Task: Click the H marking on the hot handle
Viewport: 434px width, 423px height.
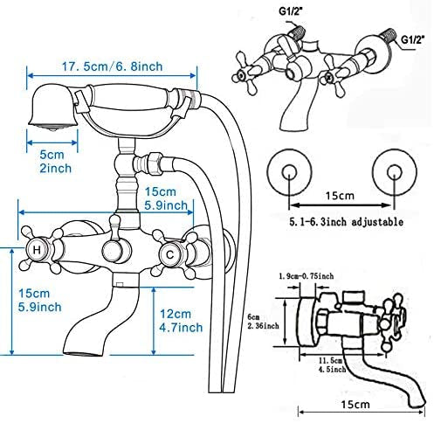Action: click(x=37, y=250)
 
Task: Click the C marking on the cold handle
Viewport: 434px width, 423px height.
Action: click(x=169, y=255)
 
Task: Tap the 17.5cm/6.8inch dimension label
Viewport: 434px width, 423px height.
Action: click(x=112, y=66)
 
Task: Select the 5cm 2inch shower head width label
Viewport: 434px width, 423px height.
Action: click(x=55, y=162)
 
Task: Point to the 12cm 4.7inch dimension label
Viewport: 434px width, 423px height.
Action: click(x=181, y=321)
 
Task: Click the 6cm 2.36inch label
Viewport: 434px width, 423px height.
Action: click(x=263, y=322)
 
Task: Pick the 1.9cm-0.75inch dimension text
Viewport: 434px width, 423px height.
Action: click(x=307, y=276)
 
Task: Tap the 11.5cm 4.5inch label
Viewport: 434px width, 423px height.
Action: click(x=332, y=365)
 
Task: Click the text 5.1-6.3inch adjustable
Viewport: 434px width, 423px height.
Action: click(x=346, y=222)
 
